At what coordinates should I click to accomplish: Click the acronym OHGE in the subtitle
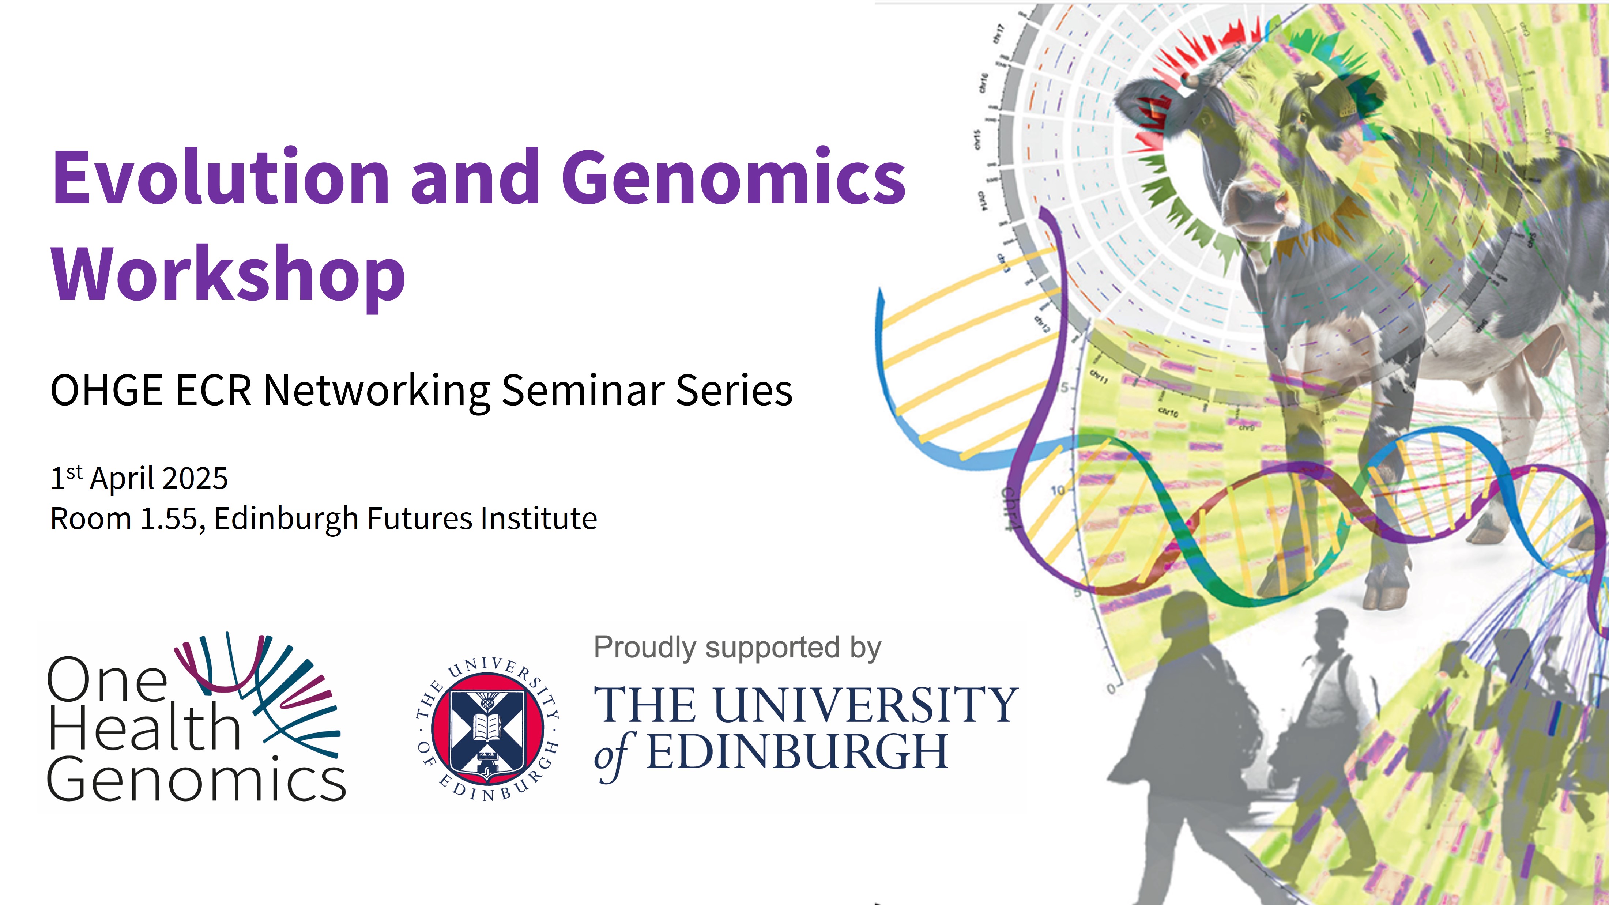point(106,391)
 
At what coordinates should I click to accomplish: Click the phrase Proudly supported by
point(737,648)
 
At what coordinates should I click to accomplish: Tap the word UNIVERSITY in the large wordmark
point(865,705)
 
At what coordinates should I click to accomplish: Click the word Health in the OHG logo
point(144,729)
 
